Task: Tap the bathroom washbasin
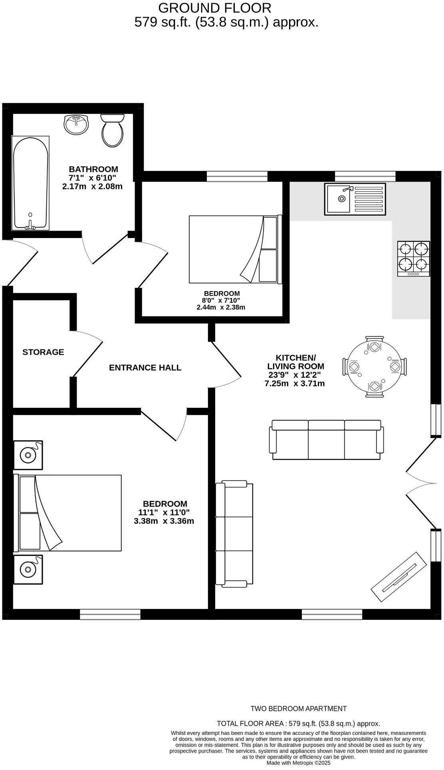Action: coord(76,125)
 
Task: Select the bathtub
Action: coord(31,183)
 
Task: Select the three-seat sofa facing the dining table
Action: coord(326,440)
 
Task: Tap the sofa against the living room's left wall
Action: coord(234,534)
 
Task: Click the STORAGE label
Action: coord(43,352)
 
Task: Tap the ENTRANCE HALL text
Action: coord(145,367)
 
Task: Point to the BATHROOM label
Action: coord(93,169)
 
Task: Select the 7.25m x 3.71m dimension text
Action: coord(295,383)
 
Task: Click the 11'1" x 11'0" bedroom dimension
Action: coord(164,512)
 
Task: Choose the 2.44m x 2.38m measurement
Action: coord(221,307)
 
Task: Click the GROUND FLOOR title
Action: coord(215,8)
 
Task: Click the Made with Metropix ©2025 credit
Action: coord(298,762)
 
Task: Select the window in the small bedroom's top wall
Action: coord(237,176)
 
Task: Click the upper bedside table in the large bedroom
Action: coord(28,454)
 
